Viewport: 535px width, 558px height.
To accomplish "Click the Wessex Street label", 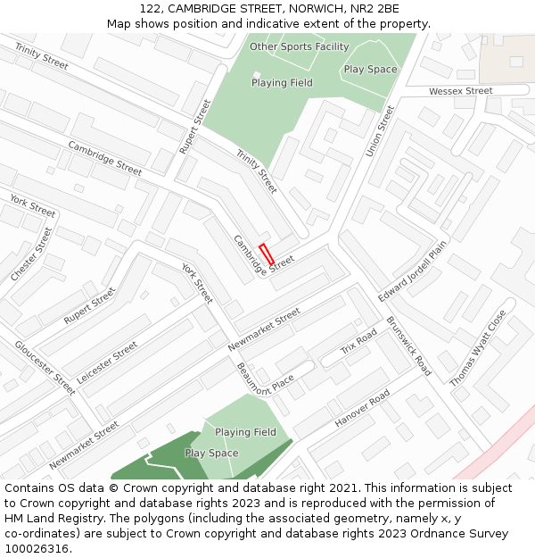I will [x=460, y=91].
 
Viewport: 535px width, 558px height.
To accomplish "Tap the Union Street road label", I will [x=380, y=131].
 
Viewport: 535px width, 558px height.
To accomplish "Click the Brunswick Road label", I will [x=409, y=346].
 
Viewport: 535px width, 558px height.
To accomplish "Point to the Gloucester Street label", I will [x=45, y=368].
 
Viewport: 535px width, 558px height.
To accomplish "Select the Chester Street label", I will [x=31, y=255].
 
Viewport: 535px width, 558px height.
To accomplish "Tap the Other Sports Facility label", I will [x=299, y=46].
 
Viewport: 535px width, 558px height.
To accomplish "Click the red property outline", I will [x=266, y=254].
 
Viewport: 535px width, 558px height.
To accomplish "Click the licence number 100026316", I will [x=37, y=549].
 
